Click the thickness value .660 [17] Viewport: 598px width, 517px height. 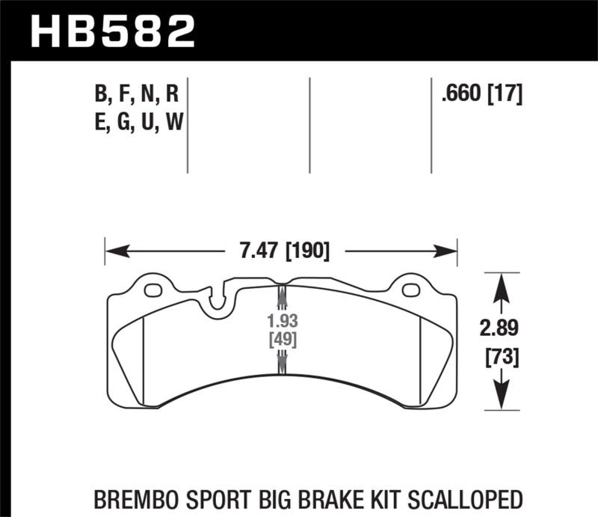tap(481, 94)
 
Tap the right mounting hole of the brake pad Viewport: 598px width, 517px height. tap(410, 290)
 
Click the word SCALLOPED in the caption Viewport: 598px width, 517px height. tap(469, 498)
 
